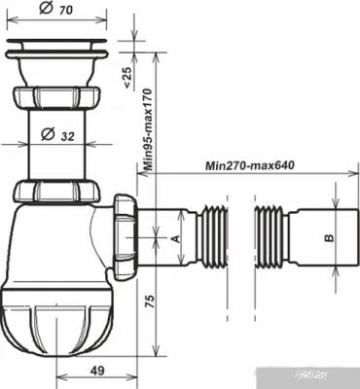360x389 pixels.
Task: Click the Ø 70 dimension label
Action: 56,12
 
